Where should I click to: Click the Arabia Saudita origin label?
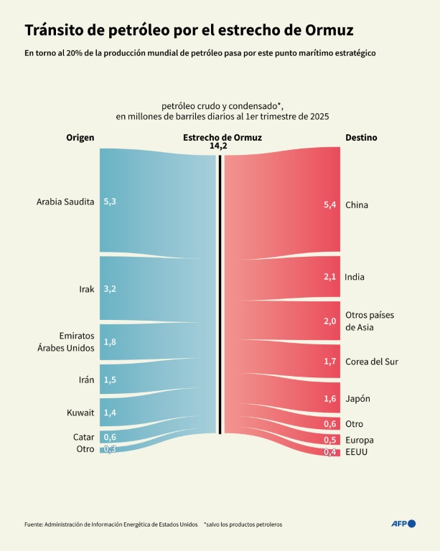click(x=65, y=202)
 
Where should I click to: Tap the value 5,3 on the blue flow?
click(x=110, y=202)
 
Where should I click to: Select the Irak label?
click(x=87, y=289)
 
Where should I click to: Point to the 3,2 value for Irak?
click(x=110, y=289)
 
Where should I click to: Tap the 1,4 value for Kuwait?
click(x=110, y=412)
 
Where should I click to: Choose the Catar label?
click(x=84, y=437)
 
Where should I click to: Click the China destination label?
click(x=357, y=205)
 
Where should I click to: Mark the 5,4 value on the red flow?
click(x=330, y=205)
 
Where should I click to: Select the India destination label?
click(x=355, y=277)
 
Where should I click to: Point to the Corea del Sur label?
click(x=372, y=362)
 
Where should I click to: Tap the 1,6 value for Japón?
click(x=330, y=399)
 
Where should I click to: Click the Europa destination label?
click(x=360, y=440)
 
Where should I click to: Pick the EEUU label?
click(x=357, y=452)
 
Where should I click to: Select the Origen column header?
click(x=80, y=137)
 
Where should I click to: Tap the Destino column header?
click(x=361, y=137)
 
